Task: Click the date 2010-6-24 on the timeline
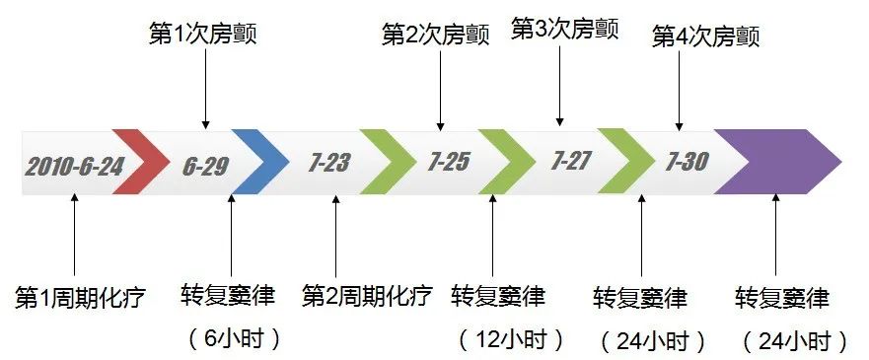(74, 164)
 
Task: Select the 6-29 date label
(204, 164)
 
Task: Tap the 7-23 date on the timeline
(329, 163)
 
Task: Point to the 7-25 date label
(449, 162)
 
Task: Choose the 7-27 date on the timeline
(570, 161)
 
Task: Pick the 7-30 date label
(687, 162)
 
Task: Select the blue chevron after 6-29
(261, 162)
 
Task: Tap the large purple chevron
(779, 161)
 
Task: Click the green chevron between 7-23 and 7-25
(389, 162)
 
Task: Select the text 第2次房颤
(440, 36)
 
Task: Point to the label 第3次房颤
(564, 28)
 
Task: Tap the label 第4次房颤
(706, 36)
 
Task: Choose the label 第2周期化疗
(367, 296)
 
